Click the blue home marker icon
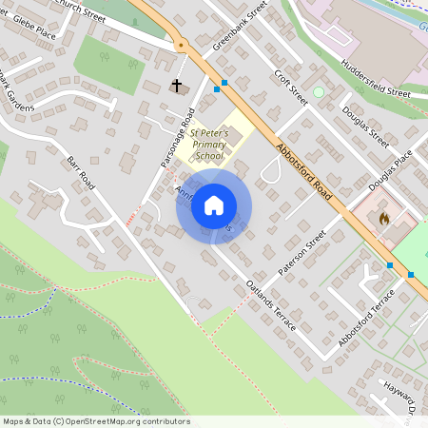coord(214,205)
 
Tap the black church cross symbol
coord(176,87)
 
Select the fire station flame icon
coord(383,218)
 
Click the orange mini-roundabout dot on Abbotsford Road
coord(180,45)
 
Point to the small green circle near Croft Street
coord(319,92)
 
